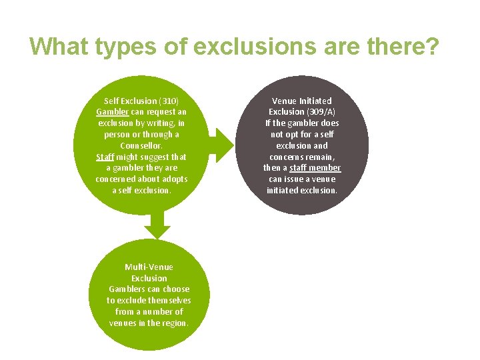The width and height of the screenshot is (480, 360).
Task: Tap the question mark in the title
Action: tap(432, 47)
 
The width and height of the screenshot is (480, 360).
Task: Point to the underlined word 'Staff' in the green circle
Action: tap(105, 157)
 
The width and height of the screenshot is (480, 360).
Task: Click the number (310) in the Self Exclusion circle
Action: tap(169, 101)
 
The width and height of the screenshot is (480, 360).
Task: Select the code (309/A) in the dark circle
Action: tap(321, 112)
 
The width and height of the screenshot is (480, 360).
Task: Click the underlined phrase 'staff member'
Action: tap(315, 168)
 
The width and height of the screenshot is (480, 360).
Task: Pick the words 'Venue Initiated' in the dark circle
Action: tap(302, 101)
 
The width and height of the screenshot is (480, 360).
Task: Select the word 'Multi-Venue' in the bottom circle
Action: tap(149, 267)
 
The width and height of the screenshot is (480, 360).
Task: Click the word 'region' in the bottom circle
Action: tap(175, 323)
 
